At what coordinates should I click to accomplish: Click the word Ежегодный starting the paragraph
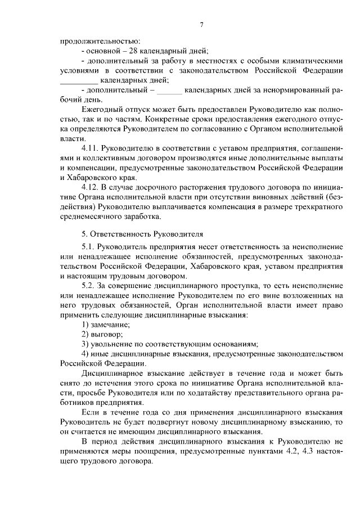tap(101, 110)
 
